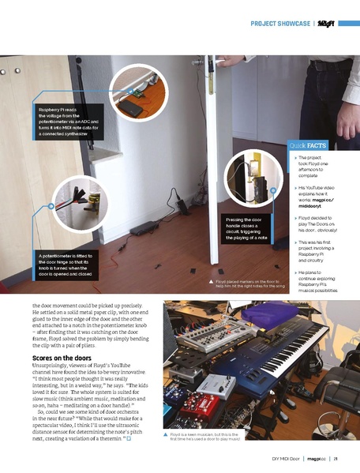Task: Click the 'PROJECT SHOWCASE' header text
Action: click(x=280, y=24)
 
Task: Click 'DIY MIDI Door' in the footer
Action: click(x=280, y=457)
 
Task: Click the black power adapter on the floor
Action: click(x=143, y=229)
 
